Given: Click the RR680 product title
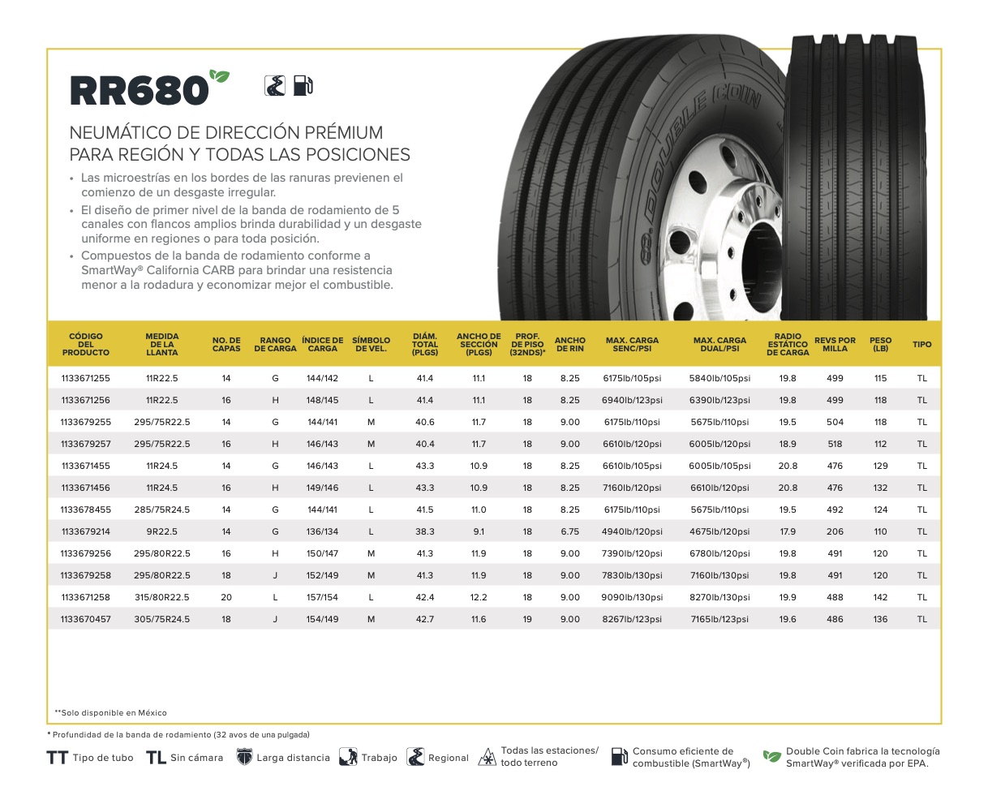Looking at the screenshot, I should point(139,90).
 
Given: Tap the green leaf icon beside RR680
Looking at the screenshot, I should point(219,75).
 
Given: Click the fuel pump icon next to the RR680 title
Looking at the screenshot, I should point(303,85).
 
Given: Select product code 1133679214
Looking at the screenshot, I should point(85,531).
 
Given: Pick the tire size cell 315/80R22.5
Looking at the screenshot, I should point(162,597).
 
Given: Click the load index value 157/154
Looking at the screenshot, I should point(322,597).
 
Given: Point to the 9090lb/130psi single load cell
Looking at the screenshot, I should point(633,597).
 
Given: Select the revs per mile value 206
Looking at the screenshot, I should point(835,531).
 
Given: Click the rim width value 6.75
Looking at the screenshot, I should point(569,531).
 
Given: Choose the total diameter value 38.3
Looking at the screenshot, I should point(425,531).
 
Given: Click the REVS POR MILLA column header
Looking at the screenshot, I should point(835,344).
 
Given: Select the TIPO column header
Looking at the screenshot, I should point(921,344).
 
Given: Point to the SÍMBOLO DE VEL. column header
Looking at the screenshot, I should point(371,344).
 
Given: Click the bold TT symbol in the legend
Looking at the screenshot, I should point(57,758).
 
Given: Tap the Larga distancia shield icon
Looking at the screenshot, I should point(244,758).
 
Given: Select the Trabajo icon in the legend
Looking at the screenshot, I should point(349,758).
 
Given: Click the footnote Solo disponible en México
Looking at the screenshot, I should point(111,712).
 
